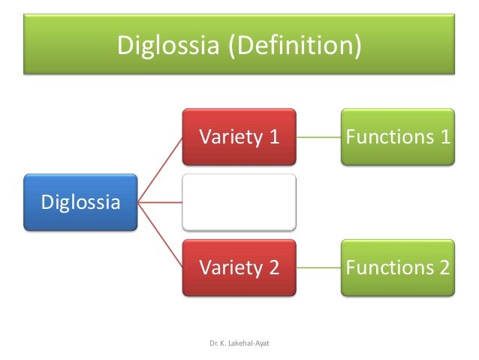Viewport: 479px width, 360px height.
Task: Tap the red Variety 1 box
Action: click(239, 137)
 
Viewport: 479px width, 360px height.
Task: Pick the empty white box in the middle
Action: click(239, 201)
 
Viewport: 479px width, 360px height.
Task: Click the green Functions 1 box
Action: click(398, 137)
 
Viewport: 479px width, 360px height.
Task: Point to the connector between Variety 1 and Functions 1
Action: click(319, 138)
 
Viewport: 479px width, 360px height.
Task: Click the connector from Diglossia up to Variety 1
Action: click(161, 169)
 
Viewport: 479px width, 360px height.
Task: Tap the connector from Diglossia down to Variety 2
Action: click(161, 234)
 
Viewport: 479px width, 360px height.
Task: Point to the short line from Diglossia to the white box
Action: click(161, 201)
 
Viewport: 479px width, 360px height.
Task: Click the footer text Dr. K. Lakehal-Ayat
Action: click(239, 343)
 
